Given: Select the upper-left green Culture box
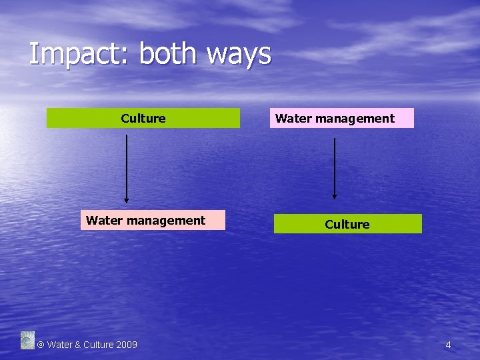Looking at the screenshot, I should coord(143,119).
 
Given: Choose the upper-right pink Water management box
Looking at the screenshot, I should coord(342,119).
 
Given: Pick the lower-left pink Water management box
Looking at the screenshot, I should coord(153,221).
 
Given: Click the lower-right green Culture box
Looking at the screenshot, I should coord(347,224).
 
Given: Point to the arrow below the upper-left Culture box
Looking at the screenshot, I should coord(126,167).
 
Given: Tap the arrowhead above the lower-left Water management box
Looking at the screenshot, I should coord(126,199).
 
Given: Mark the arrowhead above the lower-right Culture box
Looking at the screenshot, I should coord(335,196).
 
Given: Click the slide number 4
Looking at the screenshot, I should coord(448,345).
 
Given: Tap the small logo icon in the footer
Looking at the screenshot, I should coord(27,340).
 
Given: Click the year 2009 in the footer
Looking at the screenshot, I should coord(127,345).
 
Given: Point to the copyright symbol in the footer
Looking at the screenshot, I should coord(40,345).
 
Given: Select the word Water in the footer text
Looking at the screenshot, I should coord(59,345).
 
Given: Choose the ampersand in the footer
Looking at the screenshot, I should coord(78,345).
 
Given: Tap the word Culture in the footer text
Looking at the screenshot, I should coord(98,345).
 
